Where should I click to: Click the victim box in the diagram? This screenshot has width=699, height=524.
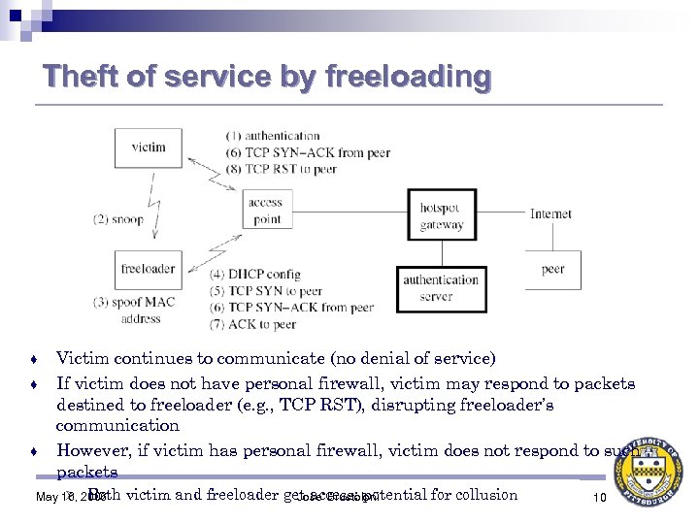(148, 147)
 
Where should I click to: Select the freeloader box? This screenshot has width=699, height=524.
(148, 269)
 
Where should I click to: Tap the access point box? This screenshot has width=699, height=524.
(266, 211)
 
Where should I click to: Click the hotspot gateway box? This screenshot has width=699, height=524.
(442, 216)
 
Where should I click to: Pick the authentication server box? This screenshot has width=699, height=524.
(442, 288)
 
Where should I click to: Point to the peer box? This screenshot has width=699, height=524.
(553, 269)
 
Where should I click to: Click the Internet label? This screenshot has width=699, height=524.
(550, 213)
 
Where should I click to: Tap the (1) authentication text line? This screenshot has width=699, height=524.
(273, 136)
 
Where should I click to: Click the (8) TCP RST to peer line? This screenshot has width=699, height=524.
(281, 169)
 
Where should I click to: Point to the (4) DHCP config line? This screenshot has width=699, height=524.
(255, 275)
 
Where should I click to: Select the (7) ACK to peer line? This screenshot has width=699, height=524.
(252, 324)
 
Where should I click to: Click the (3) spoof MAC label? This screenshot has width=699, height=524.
(135, 302)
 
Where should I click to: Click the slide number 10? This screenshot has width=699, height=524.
(599, 498)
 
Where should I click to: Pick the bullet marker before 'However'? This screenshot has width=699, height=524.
(34, 451)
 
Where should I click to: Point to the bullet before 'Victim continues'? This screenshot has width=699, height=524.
(34, 359)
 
